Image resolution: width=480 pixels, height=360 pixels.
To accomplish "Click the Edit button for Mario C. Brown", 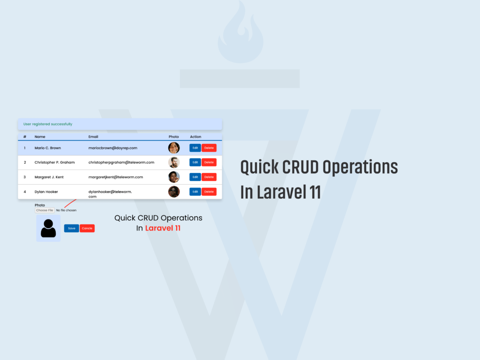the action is pos(195,148).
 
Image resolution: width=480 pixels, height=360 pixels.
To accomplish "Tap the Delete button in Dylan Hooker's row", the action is pos(209,192).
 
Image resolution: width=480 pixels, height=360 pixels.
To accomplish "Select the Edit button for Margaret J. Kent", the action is pos(195,177).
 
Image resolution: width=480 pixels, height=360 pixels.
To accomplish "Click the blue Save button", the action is pos(72,228).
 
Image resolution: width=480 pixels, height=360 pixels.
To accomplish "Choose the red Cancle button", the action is pos(87,228).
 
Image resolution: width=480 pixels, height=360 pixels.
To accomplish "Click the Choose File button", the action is pos(45,210).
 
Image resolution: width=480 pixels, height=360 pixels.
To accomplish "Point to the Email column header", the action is pos(93,137).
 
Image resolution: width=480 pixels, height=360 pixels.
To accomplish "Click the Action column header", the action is pos(195,137).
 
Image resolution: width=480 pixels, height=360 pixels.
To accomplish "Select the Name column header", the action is pos(40,137).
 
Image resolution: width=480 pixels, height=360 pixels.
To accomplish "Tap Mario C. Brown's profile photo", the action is pos(174,148).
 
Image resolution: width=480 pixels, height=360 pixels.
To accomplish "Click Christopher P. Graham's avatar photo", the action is pos(174,162).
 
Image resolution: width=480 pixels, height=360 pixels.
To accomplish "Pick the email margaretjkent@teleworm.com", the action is pos(116,177).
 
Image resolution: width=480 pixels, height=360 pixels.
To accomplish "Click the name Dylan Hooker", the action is pos(46,192).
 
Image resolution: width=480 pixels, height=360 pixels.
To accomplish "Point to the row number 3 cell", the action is pos(25,177).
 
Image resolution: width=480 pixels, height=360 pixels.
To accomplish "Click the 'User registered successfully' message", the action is pos(48,124).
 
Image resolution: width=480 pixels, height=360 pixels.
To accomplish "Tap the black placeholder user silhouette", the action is pos(48,228).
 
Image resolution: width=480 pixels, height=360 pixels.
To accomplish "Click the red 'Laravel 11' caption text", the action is pos(163,228).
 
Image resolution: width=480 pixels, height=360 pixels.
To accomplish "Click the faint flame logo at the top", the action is pos(240,32).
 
